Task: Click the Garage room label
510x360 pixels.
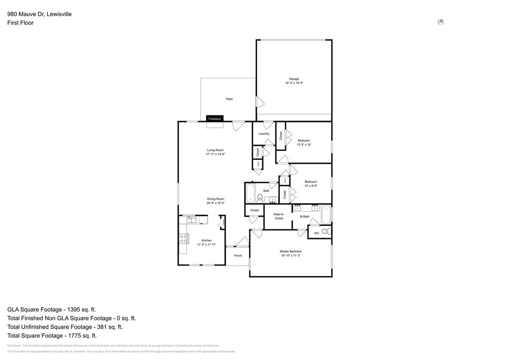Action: pos(294,79)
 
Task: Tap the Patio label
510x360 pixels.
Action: pos(229,99)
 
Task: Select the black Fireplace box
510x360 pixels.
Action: pos(215,119)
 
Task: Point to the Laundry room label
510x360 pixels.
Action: pos(264,133)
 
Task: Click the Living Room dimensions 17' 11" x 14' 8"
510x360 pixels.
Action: pos(215,154)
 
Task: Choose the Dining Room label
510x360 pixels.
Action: pos(216,199)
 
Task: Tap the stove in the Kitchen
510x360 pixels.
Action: pos(183,239)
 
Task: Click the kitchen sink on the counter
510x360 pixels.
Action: pos(191,219)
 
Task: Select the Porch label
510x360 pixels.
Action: pos(238,255)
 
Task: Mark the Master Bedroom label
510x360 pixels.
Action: pos(290,251)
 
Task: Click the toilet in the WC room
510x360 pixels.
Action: pos(325,232)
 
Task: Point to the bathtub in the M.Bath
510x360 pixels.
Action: pos(326,215)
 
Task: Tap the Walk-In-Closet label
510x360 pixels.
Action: pos(279,216)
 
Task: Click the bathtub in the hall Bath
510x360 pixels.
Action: pos(251,192)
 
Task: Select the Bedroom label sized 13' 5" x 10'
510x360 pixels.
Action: pos(304,140)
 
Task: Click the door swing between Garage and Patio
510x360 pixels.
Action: pos(259,102)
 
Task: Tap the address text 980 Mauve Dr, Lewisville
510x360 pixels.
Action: pos(39,14)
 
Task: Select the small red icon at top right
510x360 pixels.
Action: pos(440,22)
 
